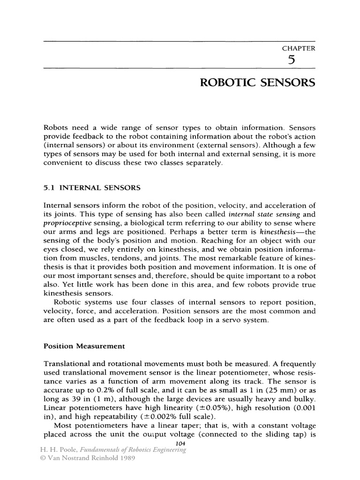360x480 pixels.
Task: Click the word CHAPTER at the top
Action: click(x=298, y=48)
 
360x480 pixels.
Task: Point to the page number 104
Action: click(x=180, y=443)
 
